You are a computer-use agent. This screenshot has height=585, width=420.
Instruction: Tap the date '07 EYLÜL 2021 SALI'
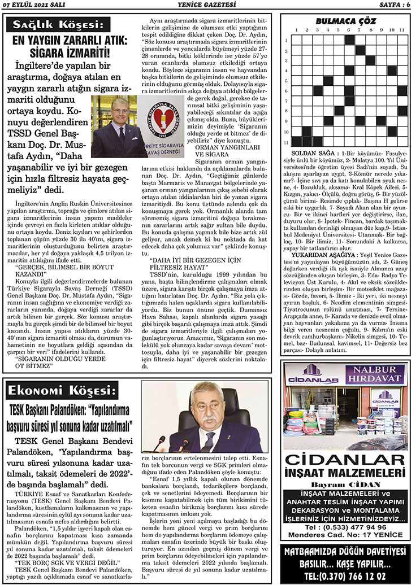(x=34, y=6)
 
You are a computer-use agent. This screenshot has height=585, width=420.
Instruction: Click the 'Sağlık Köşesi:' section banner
(x=62, y=24)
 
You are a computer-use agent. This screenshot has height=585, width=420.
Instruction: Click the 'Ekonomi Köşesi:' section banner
(x=62, y=391)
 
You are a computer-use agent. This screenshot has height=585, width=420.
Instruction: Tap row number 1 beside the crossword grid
(x=287, y=40)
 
